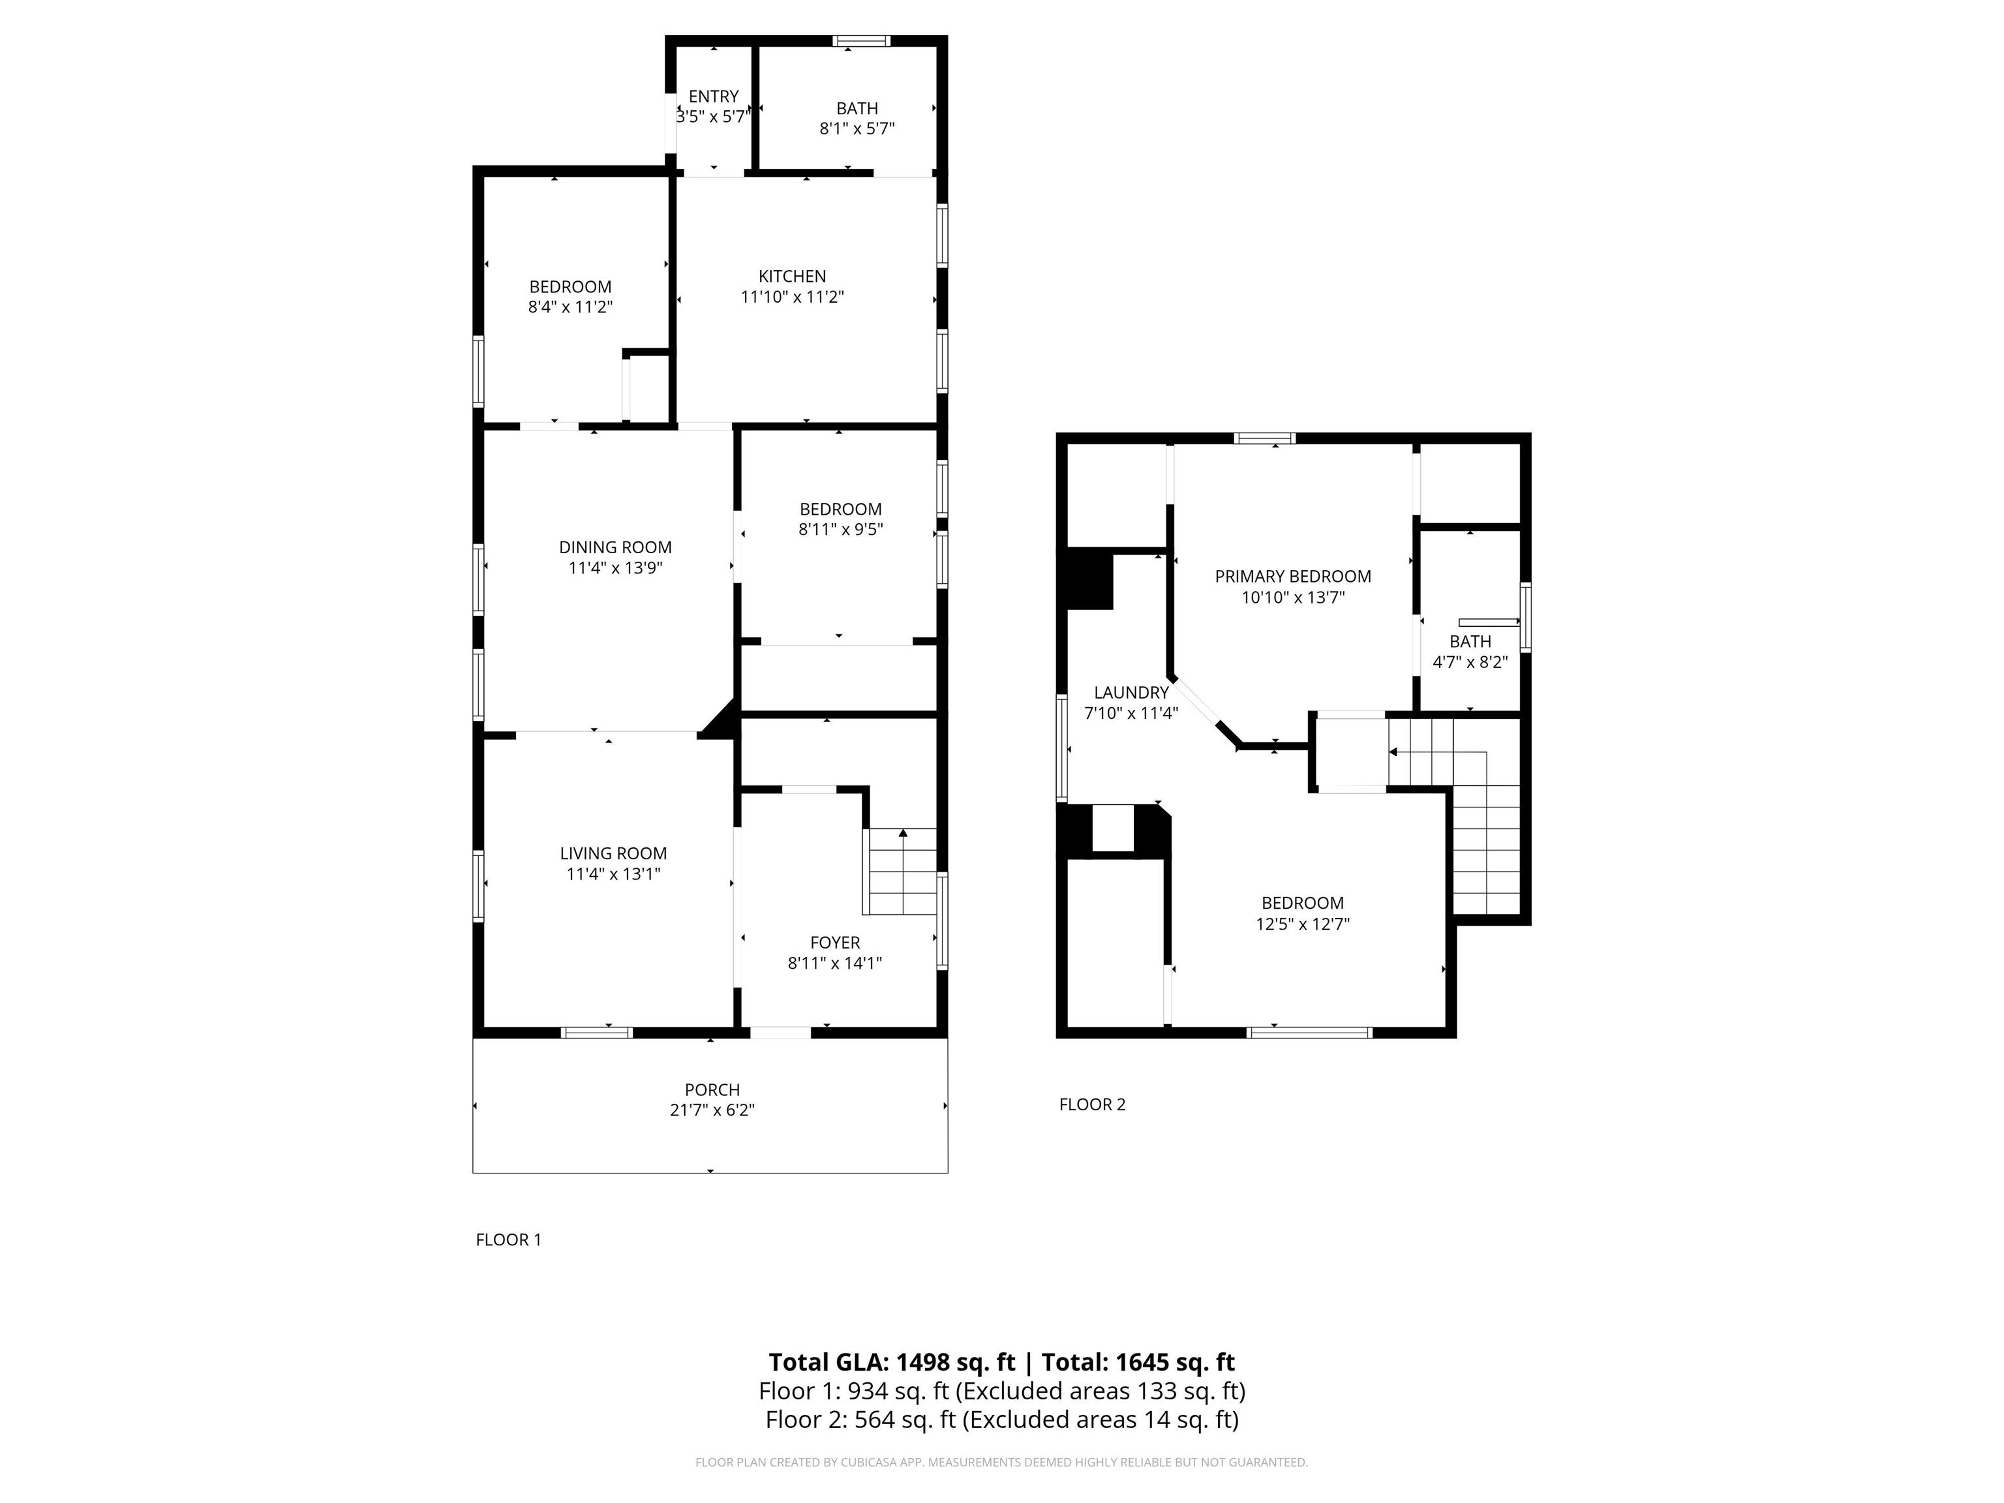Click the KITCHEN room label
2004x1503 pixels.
792,277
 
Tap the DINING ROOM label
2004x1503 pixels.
615,547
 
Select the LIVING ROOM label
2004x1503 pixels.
613,853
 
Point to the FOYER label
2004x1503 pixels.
835,942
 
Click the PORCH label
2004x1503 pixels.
712,1090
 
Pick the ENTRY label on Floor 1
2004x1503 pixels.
714,96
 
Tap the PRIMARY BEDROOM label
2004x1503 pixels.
1293,576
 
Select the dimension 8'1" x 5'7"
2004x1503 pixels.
857,129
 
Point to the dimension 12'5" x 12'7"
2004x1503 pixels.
1303,924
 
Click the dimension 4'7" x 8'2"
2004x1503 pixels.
1470,662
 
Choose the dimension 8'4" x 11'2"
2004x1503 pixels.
571,307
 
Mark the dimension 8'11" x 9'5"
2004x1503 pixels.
841,529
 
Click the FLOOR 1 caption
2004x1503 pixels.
508,1239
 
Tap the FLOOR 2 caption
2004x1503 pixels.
1093,1104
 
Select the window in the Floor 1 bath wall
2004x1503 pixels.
862,40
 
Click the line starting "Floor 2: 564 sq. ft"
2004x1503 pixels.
1002,1419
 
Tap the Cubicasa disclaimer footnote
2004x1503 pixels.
1002,1463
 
